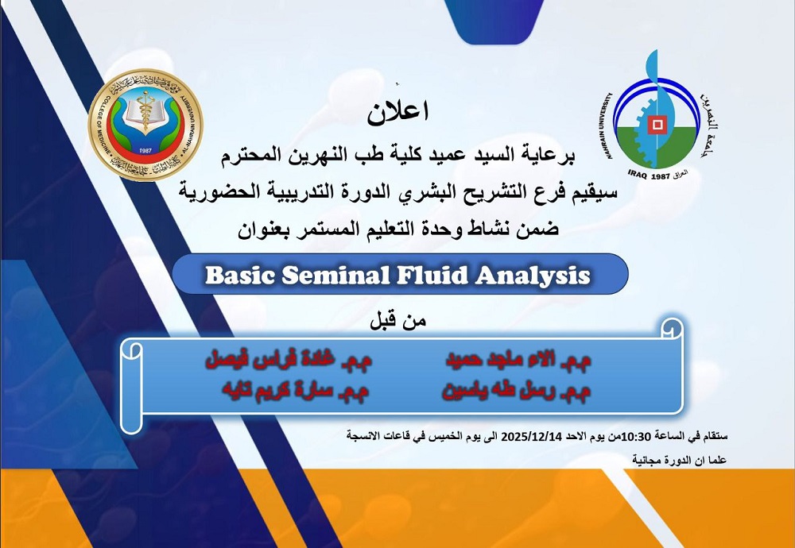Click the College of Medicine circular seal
(x=145, y=125)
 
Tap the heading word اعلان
(x=397, y=112)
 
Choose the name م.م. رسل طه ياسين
(x=516, y=391)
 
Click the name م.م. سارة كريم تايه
(x=294, y=391)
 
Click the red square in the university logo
(x=656, y=124)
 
